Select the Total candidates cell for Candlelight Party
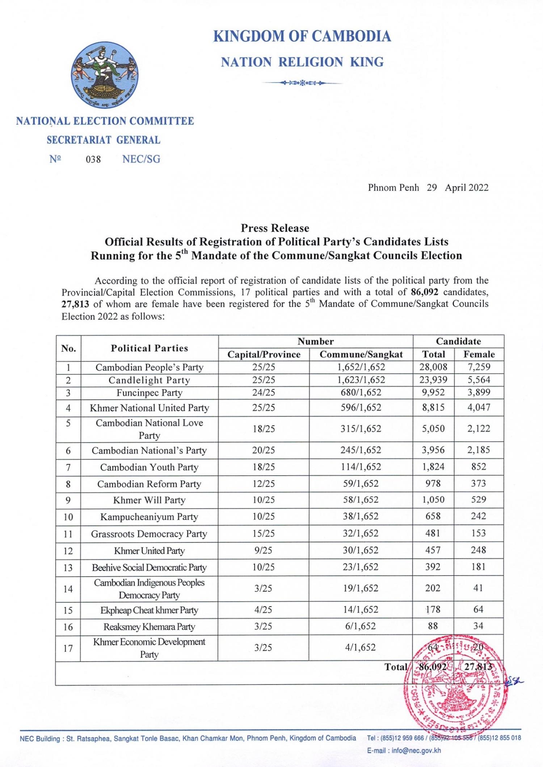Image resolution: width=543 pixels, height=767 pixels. (x=433, y=380)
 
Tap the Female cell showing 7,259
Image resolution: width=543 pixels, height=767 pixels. (x=479, y=367)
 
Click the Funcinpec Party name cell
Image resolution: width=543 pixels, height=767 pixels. (x=150, y=393)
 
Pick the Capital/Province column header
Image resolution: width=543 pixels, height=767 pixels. (x=264, y=354)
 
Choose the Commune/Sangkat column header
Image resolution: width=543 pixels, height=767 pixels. (x=361, y=354)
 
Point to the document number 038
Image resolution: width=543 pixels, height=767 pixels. (x=93, y=159)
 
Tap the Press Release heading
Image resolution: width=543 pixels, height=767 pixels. (x=275, y=228)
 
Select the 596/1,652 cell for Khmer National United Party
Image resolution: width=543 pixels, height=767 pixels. (x=361, y=408)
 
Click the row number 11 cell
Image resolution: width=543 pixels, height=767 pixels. (x=68, y=534)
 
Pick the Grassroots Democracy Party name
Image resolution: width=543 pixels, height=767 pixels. (x=149, y=534)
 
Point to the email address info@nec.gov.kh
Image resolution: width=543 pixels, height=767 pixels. (x=416, y=750)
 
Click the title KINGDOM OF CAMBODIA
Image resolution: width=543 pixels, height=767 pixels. (x=302, y=37)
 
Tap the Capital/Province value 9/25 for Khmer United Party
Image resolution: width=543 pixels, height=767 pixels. (x=263, y=551)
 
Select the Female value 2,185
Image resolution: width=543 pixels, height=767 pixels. (x=479, y=450)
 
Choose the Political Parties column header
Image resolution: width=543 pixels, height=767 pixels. (x=149, y=348)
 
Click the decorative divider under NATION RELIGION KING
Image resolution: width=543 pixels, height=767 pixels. (x=302, y=83)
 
